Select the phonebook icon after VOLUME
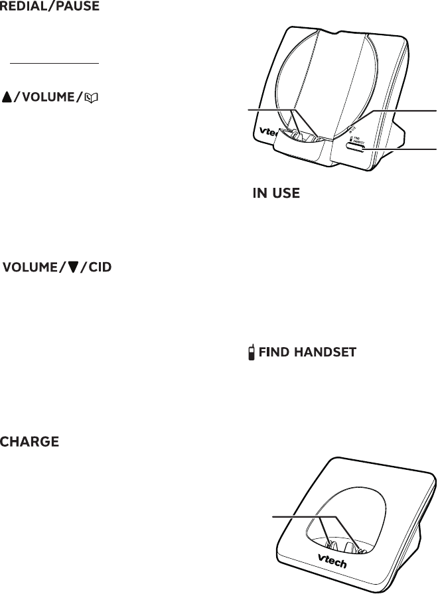pyautogui.click(x=98, y=98)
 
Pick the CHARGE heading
pyautogui.click(x=31, y=441)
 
